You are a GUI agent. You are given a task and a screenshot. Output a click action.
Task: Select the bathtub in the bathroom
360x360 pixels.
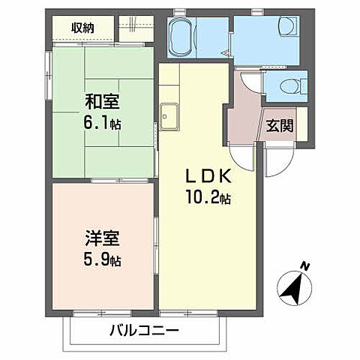pyautogui.click(x=183, y=38)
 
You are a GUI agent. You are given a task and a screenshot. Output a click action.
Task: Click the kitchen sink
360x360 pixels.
pyautogui.click(x=168, y=115)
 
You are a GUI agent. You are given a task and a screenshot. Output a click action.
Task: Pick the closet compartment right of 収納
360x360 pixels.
pyautogui.click(x=137, y=28)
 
